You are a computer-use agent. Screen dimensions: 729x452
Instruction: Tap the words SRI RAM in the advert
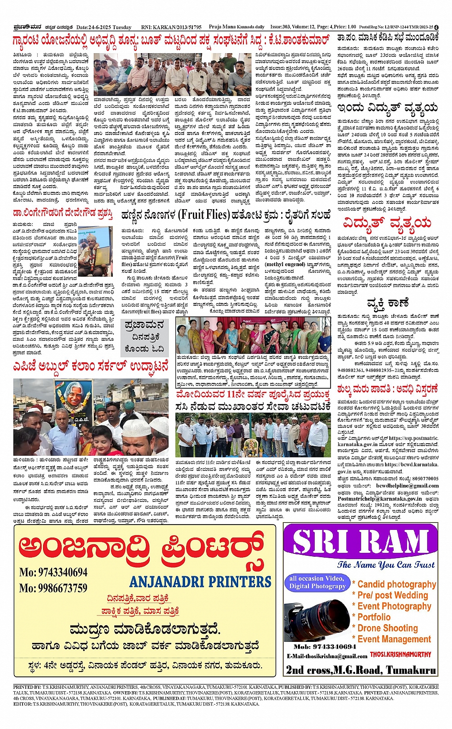pyautogui.click(x=360, y=542)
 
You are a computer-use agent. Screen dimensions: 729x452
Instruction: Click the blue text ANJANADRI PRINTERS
pyautogui.click(x=200, y=582)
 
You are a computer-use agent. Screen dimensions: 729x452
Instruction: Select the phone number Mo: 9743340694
pyautogui.click(x=53, y=572)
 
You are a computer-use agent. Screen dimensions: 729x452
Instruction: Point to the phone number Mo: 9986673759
pyautogui.click(x=53, y=588)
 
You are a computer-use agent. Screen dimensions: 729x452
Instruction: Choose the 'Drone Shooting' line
pyautogui.click(x=387, y=628)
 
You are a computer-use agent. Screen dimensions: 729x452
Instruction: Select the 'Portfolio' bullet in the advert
pyautogui.click(x=374, y=617)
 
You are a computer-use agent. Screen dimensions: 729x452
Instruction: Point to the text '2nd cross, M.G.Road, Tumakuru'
pyautogui.click(x=361, y=670)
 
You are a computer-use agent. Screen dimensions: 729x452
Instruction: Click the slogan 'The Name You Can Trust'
pyautogui.click(x=386, y=565)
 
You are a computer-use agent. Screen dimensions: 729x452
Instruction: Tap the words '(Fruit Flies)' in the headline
pyautogui.click(x=203, y=215)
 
